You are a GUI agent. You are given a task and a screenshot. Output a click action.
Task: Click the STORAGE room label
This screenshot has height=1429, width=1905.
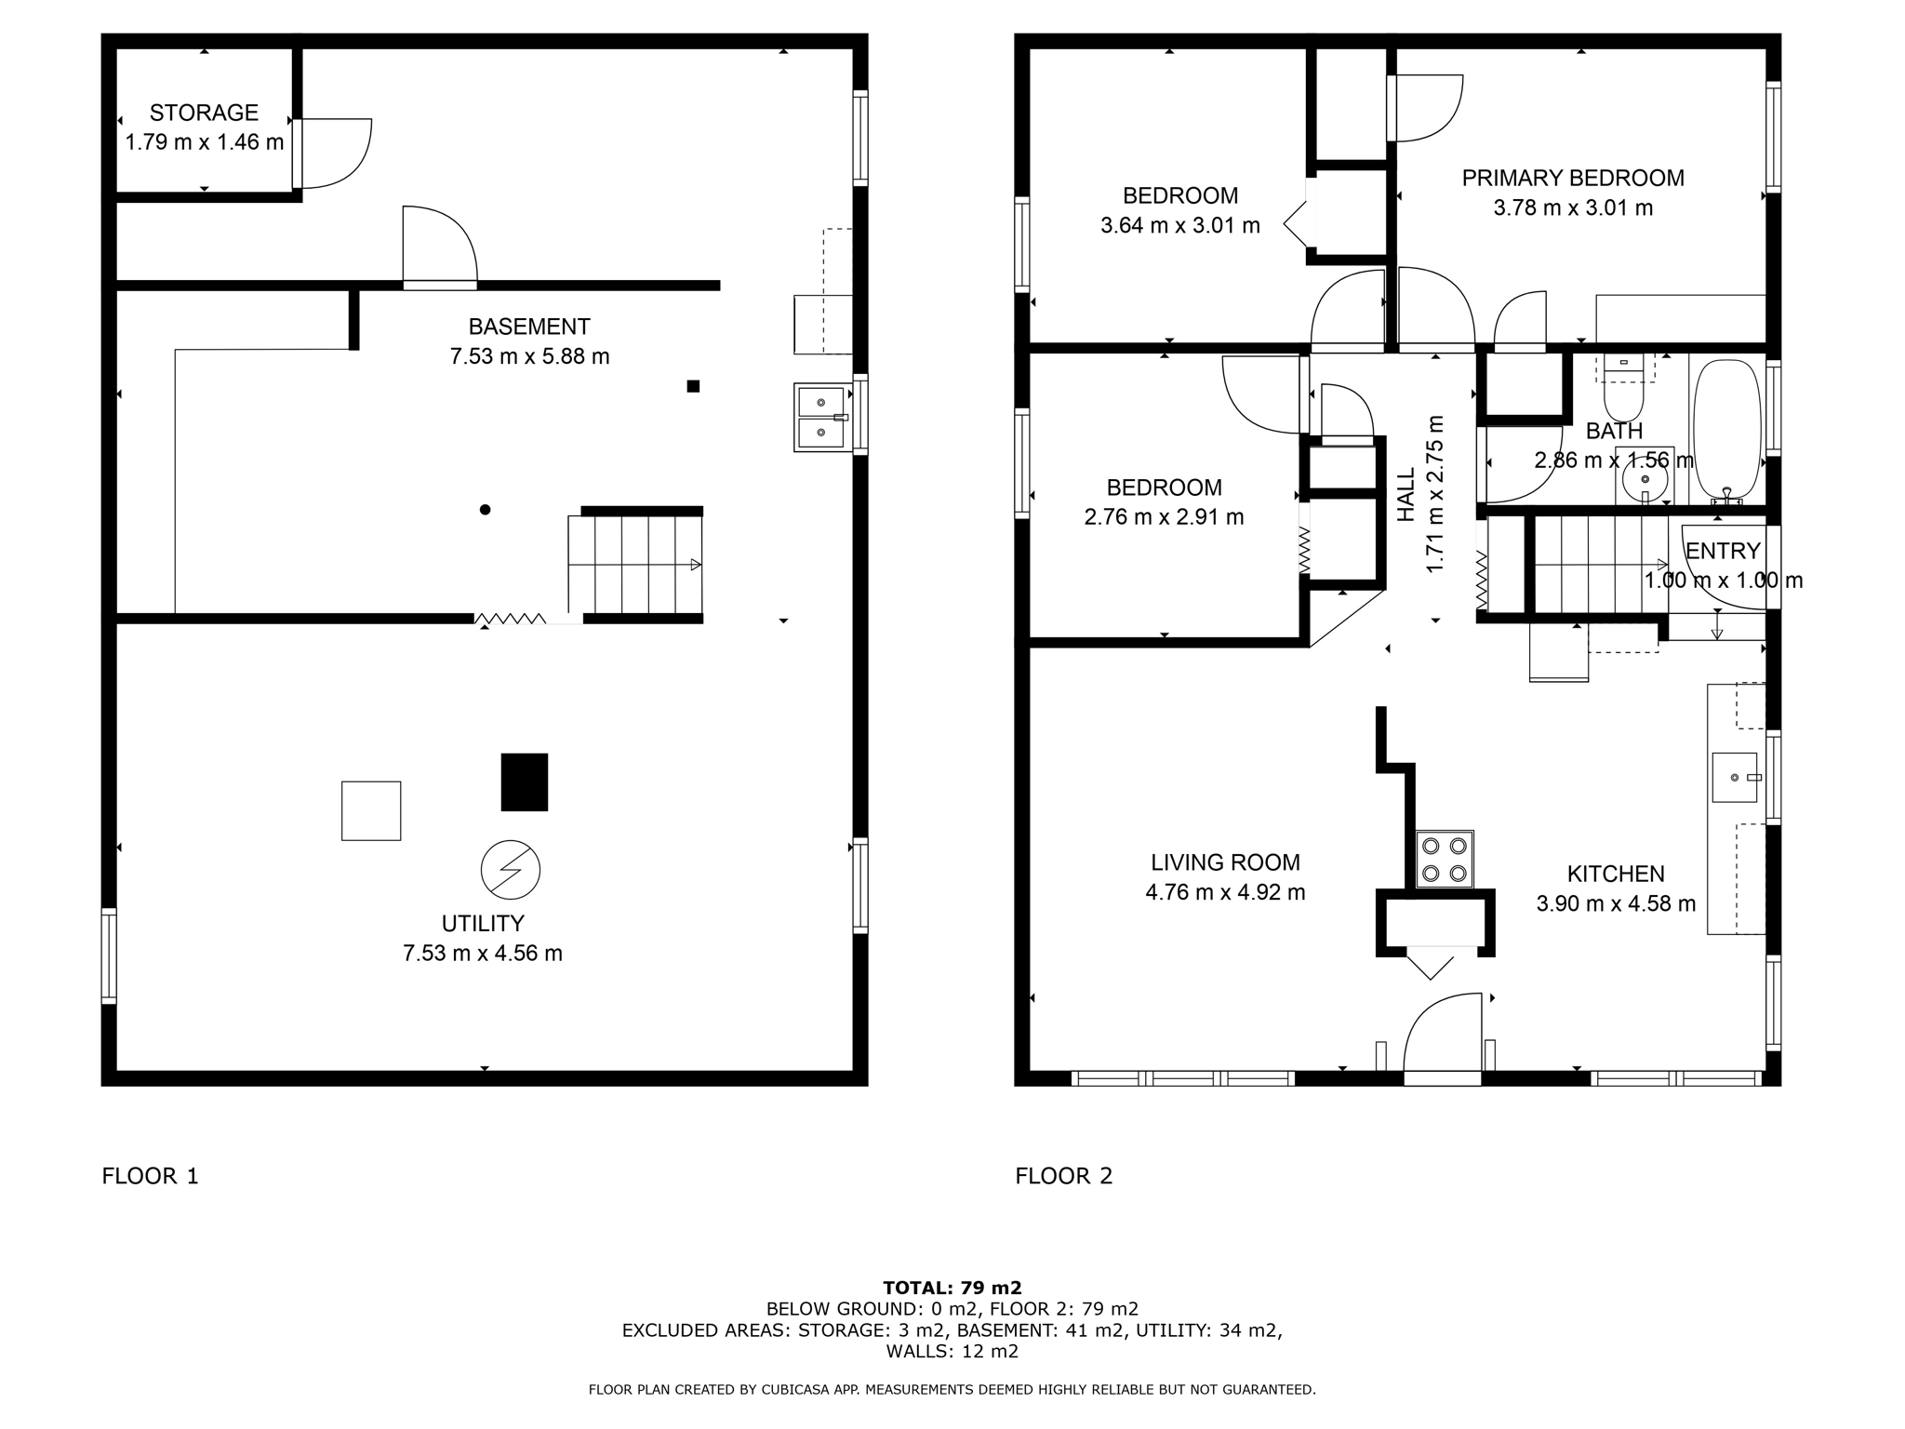[204, 113]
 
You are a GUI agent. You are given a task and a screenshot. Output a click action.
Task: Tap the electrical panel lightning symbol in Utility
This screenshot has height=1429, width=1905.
[510, 870]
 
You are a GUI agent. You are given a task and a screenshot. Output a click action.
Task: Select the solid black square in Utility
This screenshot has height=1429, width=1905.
[524, 781]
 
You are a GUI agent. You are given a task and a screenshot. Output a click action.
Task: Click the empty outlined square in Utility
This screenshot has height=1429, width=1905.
[371, 810]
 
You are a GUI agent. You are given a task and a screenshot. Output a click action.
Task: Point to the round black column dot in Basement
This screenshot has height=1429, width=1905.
[485, 510]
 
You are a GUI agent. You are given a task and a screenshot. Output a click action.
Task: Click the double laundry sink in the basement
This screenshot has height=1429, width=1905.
[822, 418]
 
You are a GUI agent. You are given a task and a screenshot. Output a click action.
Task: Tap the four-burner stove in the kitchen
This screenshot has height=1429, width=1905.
[1445, 859]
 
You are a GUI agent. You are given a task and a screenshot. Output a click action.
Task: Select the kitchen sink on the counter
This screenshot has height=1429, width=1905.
[1735, 777]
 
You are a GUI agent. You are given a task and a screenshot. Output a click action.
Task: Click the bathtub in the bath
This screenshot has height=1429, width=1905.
[1727, 431]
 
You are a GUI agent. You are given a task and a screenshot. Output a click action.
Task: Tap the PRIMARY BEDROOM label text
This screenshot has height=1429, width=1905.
[1573, 178]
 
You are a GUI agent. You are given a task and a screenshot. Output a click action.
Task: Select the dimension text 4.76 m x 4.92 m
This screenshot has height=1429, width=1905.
[1225, 892]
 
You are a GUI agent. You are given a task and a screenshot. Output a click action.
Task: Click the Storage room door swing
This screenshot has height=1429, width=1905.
[335, 153]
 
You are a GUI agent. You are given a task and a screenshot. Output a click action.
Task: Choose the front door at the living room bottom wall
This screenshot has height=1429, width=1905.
[1442, 1037]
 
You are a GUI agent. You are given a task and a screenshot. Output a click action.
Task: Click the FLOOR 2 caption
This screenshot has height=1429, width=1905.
[1063, 1176]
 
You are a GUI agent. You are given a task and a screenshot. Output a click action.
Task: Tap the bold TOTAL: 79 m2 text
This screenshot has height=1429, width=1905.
[952, 1288]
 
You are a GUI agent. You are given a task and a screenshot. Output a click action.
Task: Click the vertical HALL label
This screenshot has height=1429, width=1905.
[1405, 494]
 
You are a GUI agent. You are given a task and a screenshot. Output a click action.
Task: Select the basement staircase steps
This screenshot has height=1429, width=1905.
[635, 565]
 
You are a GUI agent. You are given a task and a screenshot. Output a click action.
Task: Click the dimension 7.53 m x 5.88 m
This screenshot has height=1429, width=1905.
[529, 356]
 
